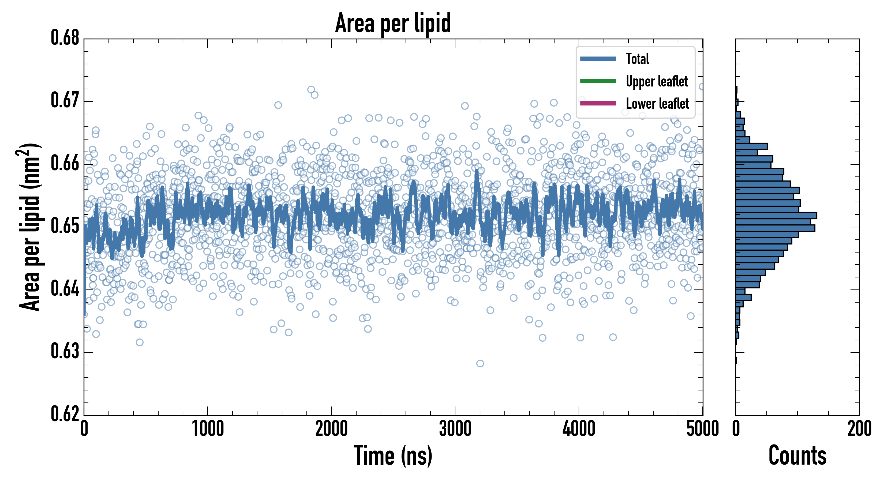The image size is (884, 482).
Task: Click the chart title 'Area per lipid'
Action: point(393,23)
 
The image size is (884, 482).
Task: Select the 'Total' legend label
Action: point(637,59)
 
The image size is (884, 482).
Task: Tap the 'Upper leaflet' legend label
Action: point(657,81)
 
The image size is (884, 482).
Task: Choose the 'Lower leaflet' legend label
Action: point(657,104)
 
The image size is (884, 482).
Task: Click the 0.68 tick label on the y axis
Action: point(65,38)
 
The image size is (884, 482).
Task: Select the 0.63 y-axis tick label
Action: point(65,352)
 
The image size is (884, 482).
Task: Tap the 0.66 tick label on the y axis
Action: point(65,163)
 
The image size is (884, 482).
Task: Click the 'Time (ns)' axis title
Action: point(393,455)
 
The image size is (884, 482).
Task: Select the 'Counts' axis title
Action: point(797,455)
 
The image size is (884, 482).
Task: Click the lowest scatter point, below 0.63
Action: point(480,363)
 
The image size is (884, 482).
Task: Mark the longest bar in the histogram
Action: point(776,216)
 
